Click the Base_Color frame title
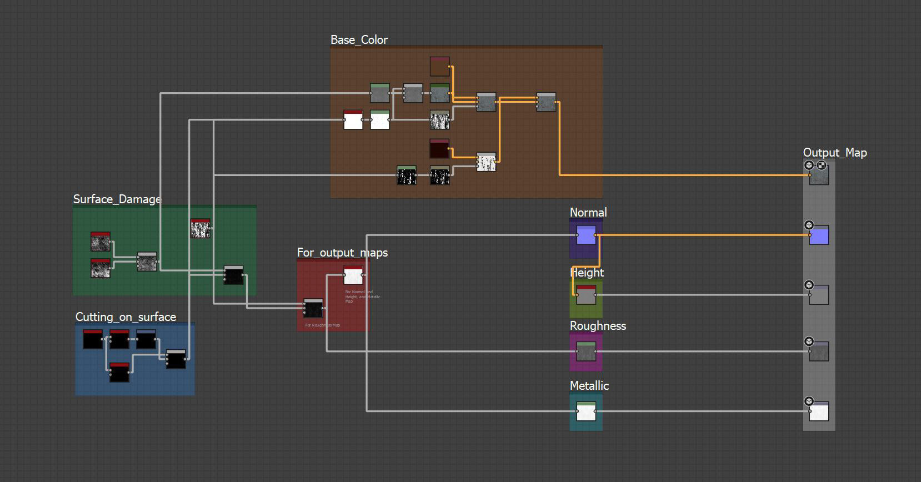359,40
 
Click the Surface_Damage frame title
117,199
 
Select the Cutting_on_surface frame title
126,317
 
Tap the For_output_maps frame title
342,253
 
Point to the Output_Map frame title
834,153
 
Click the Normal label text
588,213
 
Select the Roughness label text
598,326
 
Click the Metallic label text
589,386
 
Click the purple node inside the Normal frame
586,235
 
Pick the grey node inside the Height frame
586,295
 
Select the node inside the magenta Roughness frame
586,352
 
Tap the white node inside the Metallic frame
586,411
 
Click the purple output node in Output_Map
819,235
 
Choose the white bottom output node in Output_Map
819,411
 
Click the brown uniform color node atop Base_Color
439,67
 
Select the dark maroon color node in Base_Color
439,149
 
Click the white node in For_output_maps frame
353,275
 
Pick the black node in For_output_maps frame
313,308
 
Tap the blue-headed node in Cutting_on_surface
146,339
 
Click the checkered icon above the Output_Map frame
822,165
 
